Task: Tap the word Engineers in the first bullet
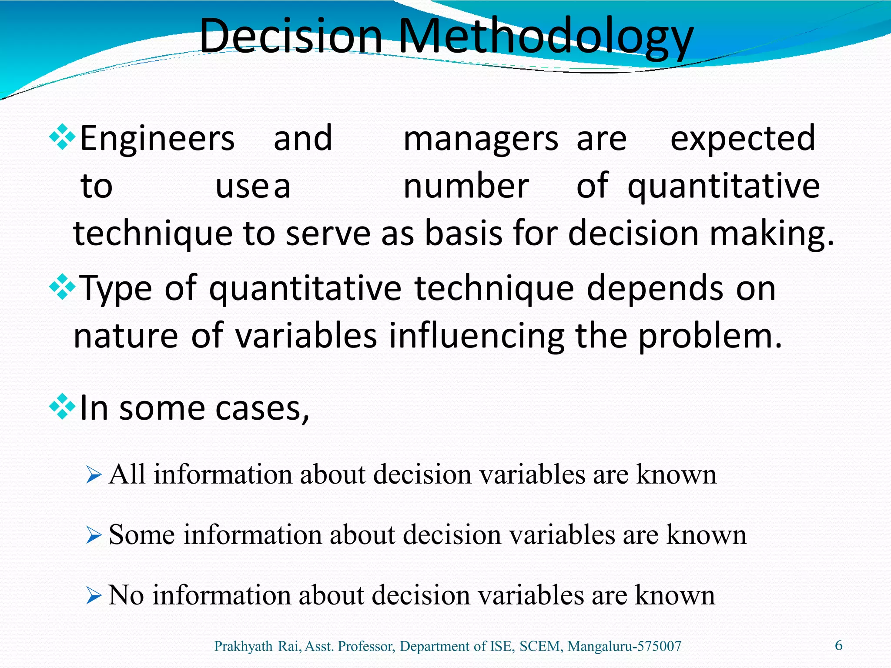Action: [x=157, y=138]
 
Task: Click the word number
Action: [x=466, y=186]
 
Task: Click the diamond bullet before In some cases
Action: [x=63, y=407]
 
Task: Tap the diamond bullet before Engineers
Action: [x=63, y=137]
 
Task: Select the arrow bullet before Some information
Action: [x=94, y=535]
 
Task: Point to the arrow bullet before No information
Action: [x=94, y=595]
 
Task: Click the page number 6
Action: [x=839, y=645]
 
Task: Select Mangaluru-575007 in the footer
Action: [x=624, y=646]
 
